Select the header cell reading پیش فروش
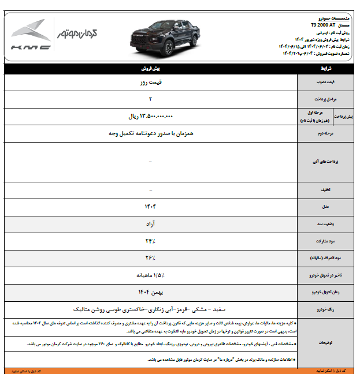coord(150,68)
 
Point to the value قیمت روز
coord(150,83)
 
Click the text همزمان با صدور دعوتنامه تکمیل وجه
coord(150,133)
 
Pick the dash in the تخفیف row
coord(150,190)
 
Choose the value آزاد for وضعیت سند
coord(150,222)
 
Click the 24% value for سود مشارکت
coord(150,240)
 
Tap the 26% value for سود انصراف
coord(150,257)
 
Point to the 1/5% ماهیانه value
coord(150,275)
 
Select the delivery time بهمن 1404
coord(150,292)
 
